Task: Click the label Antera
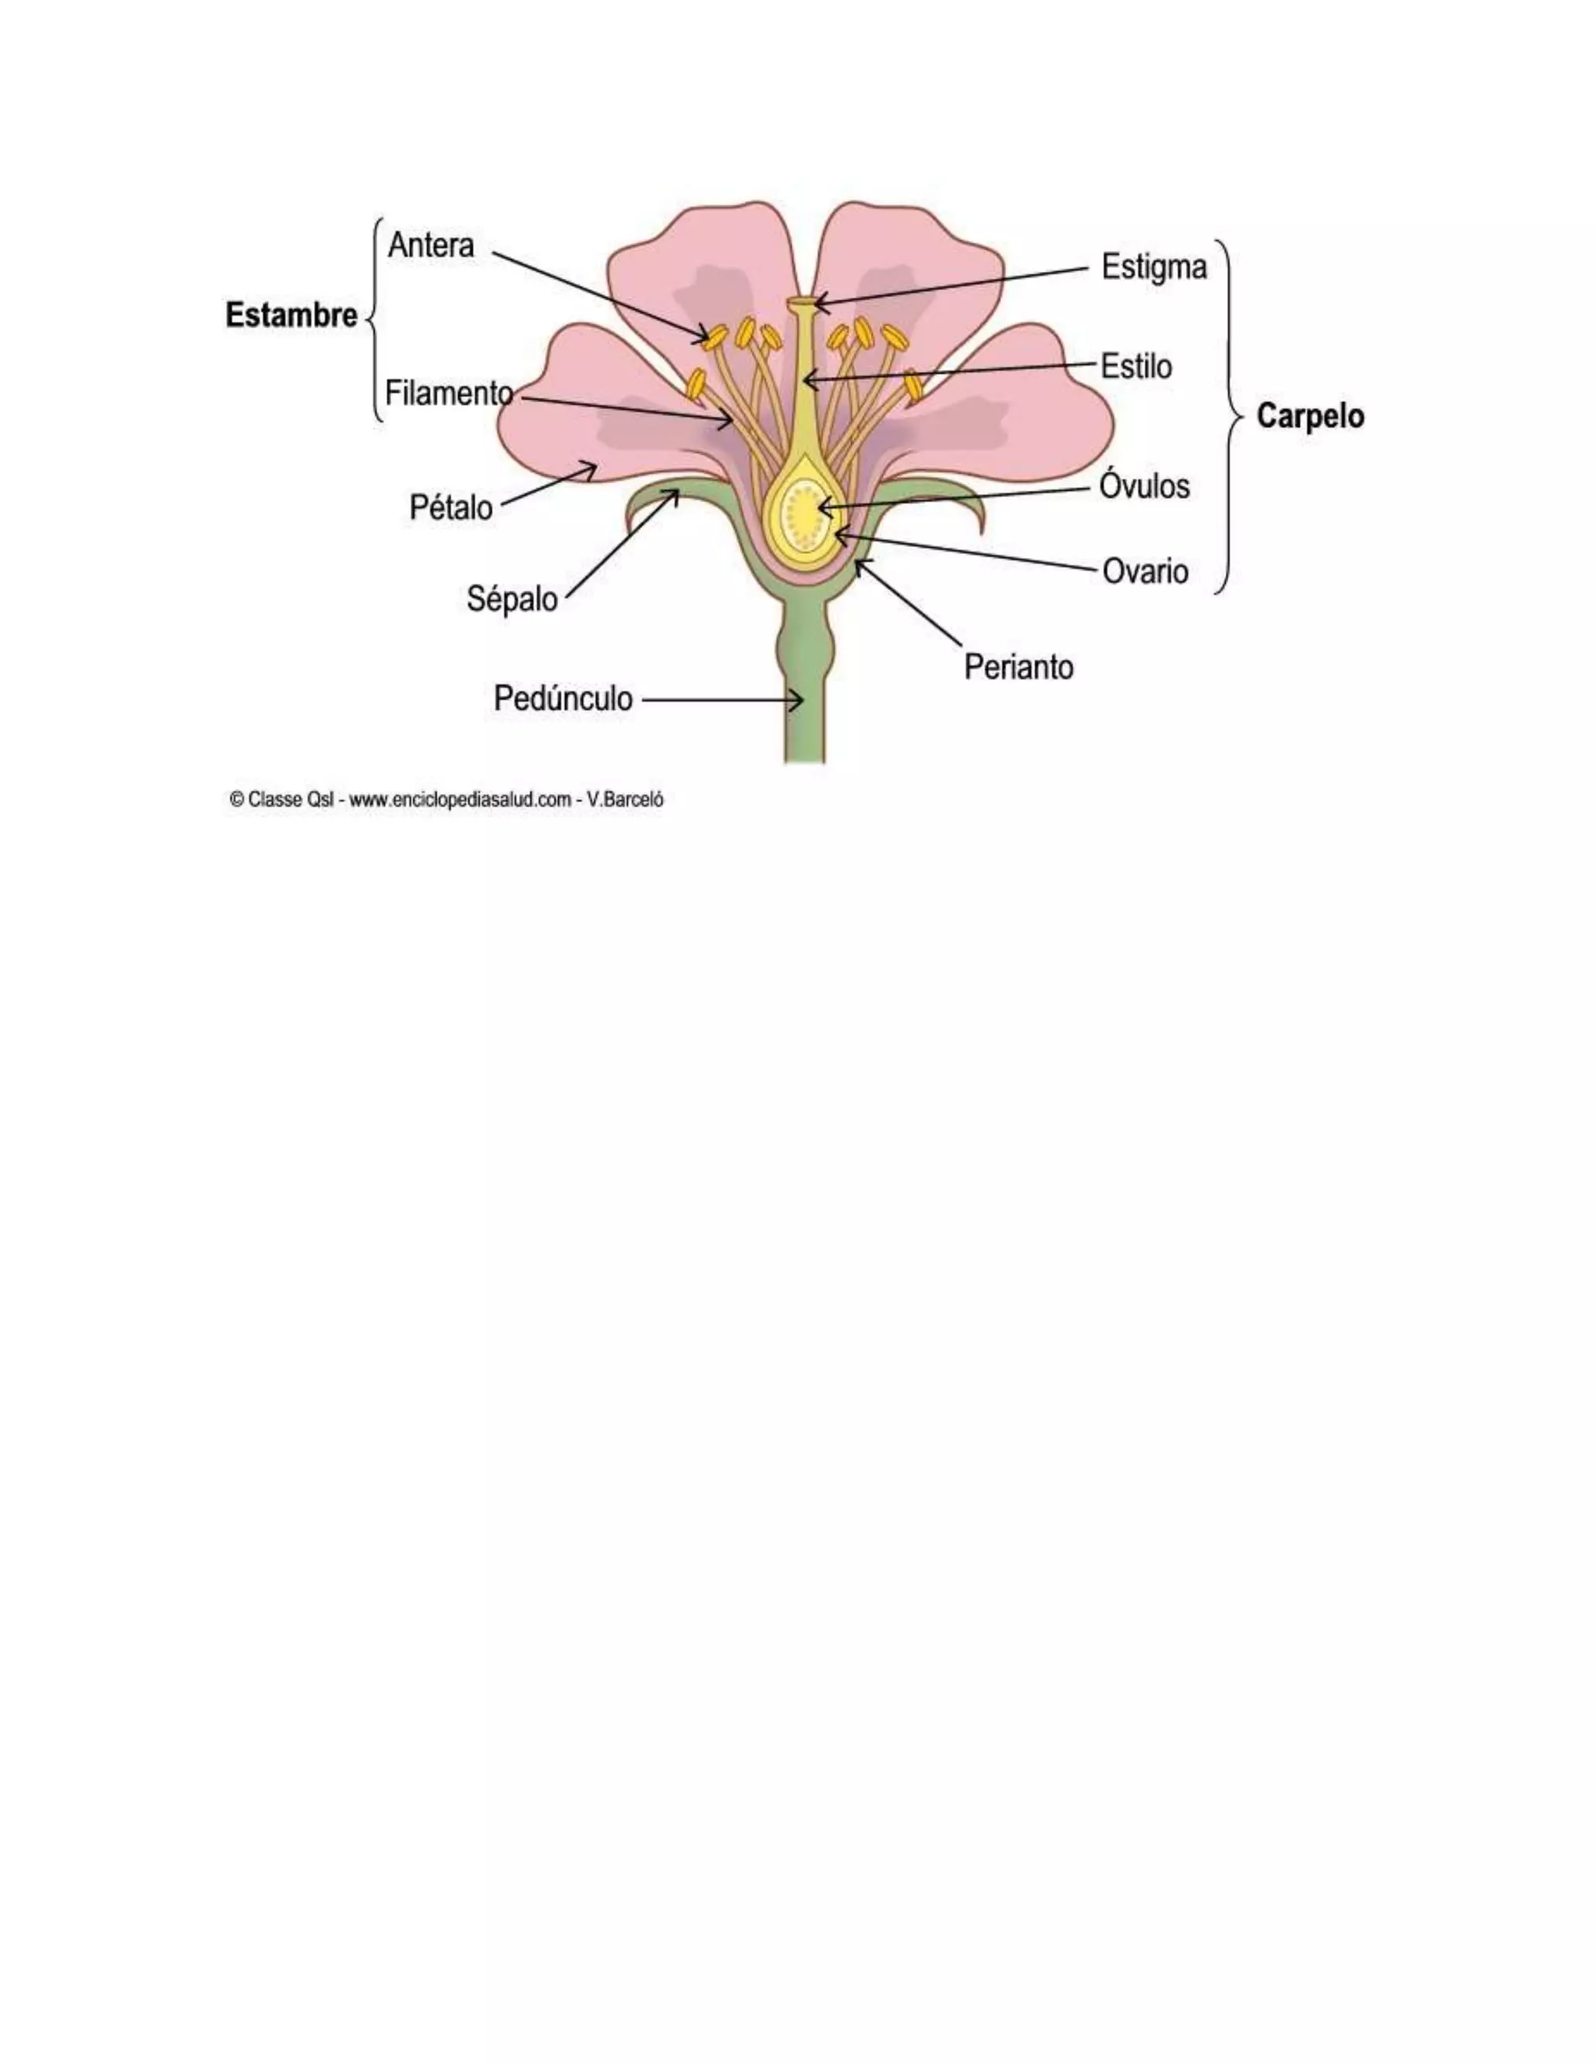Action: point(430,245)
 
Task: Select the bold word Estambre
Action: point(291,315)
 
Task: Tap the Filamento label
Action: point(448,393)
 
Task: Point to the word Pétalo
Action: point(450,508)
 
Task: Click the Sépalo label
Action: point(511,598)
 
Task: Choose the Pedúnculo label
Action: point(563,699)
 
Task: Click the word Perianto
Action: point(1019,668)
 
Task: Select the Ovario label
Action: point(1145,571)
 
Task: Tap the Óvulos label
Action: point(1144,486)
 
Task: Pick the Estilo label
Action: point(1135,366)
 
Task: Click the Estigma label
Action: point(1153,267)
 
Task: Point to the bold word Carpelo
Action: point(1309,416)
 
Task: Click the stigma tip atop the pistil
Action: point(802,302)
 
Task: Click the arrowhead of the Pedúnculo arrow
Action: point(799,701)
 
